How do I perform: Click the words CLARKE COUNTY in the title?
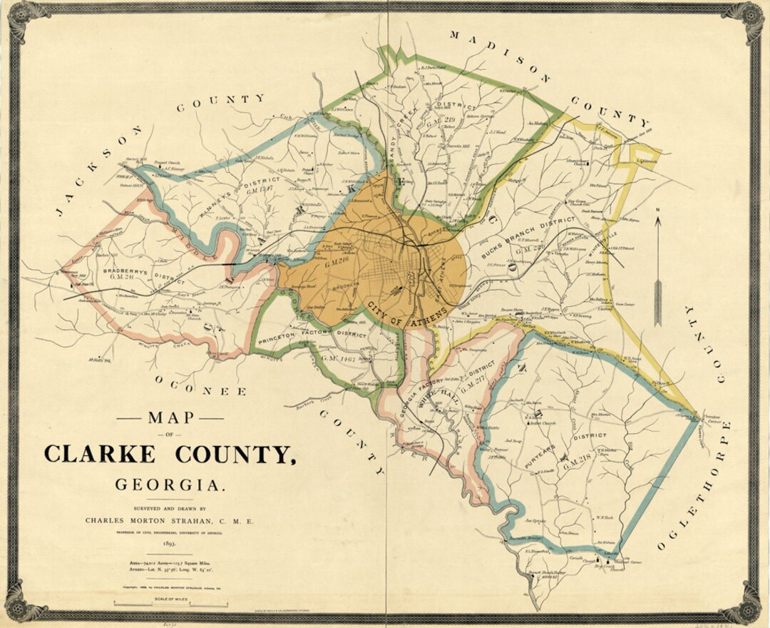point(169,454)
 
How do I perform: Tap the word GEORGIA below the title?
point(170,485)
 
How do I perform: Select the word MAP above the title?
point(169,418)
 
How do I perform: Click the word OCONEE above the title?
point(200,386)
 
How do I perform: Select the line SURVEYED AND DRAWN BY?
point(169,508)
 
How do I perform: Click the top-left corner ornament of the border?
point(20,15)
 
